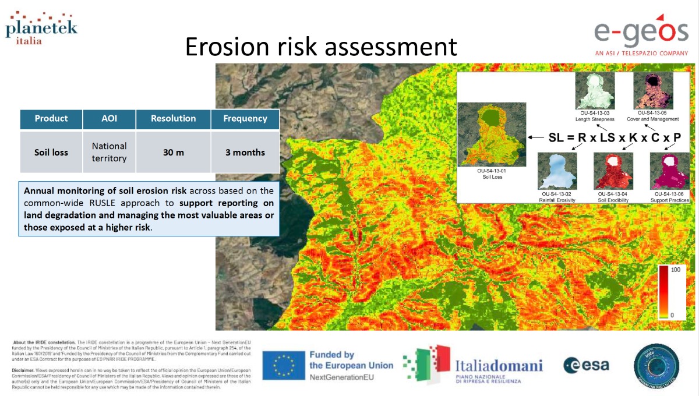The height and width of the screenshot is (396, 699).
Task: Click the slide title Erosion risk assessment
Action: pyautogui.click(x=321, y=47)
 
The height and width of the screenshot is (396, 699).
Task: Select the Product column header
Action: pyautogui.click(x=51, y=119)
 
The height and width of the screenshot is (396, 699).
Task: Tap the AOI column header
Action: pyautogui.click(x=109, y=119)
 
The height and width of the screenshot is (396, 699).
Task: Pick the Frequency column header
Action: pyautogui.click(x=245, y=119)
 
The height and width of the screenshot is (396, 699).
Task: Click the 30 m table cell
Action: pyautogui.click(x=174, y=153)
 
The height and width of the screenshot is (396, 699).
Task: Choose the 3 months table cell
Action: pyautogui.click(x=245, y=153)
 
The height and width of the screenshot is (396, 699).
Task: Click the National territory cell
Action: pyautogui.click(x=109, y=152)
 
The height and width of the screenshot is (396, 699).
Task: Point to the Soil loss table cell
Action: pyautogui.click(x=51, y=153)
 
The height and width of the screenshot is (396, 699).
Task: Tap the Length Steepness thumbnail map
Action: pyautogui.click(x=595, y=91)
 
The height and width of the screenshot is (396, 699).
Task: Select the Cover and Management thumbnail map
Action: pyautogui.click(x=652, y=91)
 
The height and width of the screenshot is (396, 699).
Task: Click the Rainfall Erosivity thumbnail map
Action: pyautogui.click(x=557, y=171)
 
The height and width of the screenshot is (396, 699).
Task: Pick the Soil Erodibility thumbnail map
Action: pyautogui.click(x=613, y=171)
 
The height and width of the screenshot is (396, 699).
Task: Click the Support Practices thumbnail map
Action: pyautogui.click(x=669, y=171)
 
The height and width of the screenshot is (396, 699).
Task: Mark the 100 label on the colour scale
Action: pyautogui.click(x=676, y=271)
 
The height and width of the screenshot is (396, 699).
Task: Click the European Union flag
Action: pyautogui.click(x=284, y=366)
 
